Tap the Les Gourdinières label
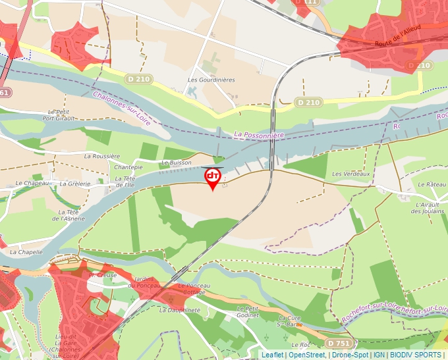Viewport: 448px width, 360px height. tap(211, 80)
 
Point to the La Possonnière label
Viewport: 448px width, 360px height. tap(259, 134)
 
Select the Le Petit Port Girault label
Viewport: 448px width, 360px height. tap(58, 115)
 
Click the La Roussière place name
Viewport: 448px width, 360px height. tap(102, 157)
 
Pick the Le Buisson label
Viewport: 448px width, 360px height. tap(177, 162)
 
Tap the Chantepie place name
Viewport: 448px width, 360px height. tap(128, 168)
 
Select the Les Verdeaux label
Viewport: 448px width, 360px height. tap(351, 174)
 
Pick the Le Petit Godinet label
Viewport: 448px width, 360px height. tap(248, 311)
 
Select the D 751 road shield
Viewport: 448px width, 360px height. tap(339, 343)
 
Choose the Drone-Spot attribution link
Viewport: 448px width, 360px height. tap(350, 355)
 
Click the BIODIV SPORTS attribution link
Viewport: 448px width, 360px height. tap(416, 355)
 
